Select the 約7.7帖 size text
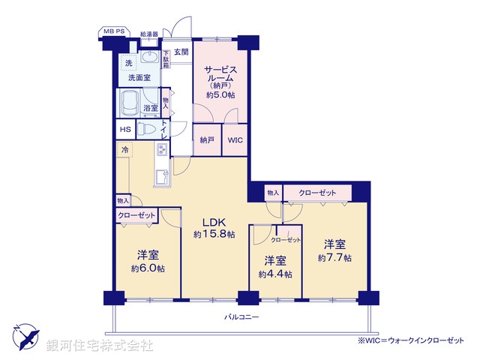pos(334,257)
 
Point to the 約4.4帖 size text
pos(274,274)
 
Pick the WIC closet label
pos(234,140)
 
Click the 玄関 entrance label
pos(181,52)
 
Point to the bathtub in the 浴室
pos(130,102)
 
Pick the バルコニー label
pos(241,317)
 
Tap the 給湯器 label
pos(149,34)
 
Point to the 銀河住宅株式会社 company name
pos(100,346)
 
